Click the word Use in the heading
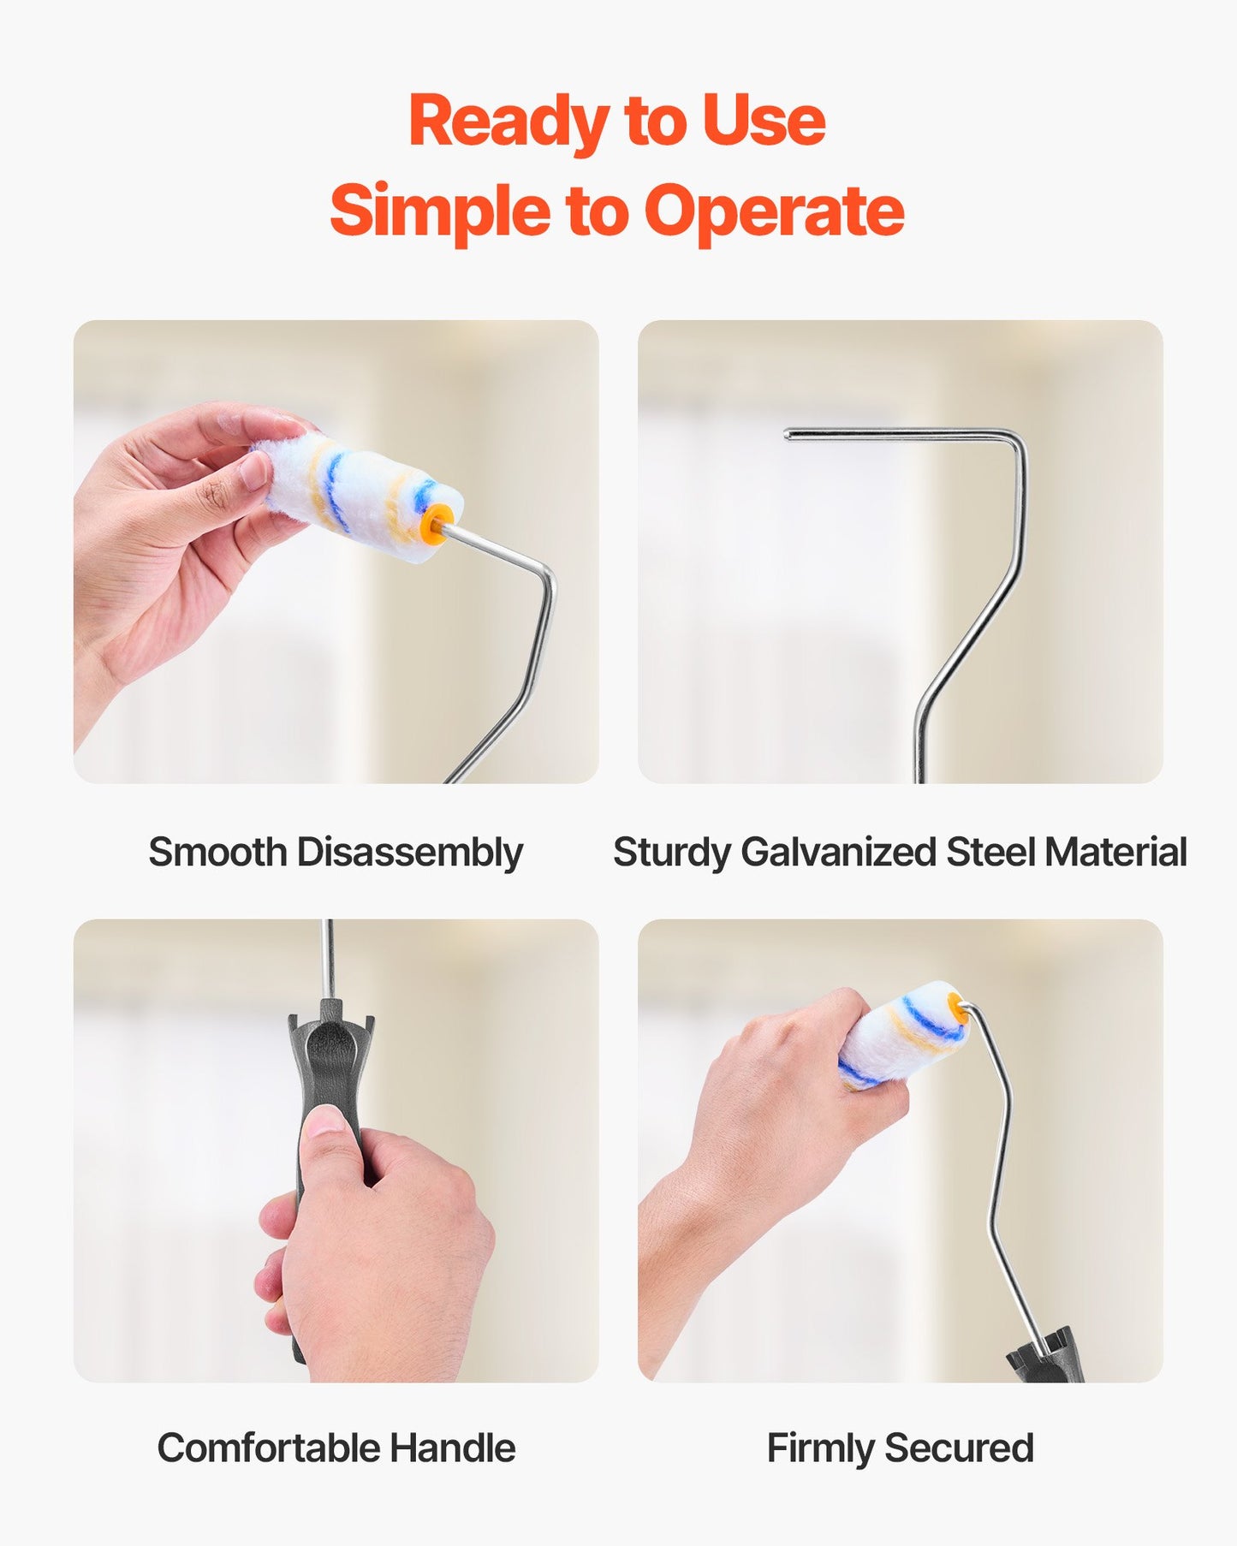764,120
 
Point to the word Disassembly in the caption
409,853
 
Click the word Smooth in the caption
217,852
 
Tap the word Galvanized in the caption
839,853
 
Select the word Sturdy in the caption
671,853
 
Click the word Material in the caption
1115,853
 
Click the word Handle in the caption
452,1448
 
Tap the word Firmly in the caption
820,1449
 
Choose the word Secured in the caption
959,1448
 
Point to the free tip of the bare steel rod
788,435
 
